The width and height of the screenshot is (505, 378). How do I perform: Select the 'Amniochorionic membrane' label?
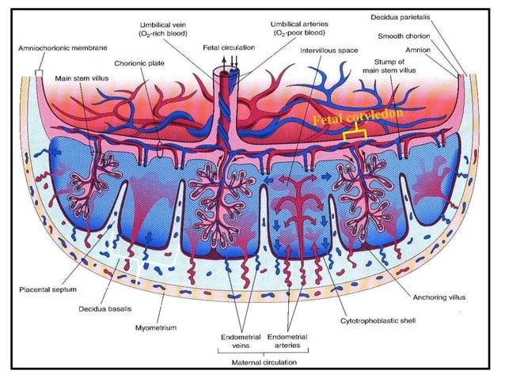click(x=55, y=48)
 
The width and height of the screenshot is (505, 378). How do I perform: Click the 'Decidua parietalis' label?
click(x=422, y=15)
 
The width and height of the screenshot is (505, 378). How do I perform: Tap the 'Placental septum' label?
click(x=46, y=290)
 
